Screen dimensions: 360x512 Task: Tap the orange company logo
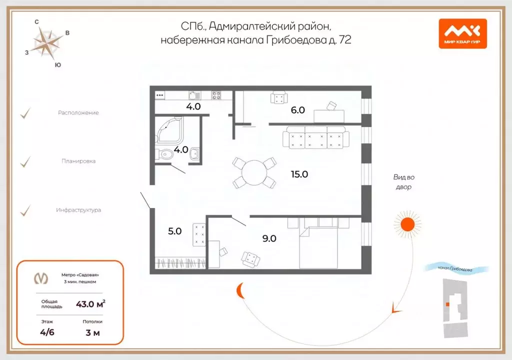(x=462, y=33)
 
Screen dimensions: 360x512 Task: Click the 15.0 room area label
(x=299, y=174)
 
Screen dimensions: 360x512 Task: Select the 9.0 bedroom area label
(x=269, y=238)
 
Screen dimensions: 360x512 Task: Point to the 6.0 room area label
(x=298, y=110)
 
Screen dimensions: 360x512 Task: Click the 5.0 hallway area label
(x=174, y=231)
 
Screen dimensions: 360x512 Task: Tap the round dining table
(x=255, y=173)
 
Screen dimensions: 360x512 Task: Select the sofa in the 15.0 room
(x=314, y=137)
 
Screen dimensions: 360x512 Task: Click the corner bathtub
(x=170, y=130)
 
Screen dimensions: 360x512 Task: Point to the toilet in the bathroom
(x=164, y=154)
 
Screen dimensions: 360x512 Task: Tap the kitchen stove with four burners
(x=216, y=95)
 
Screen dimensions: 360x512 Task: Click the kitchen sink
(x=194, y=95)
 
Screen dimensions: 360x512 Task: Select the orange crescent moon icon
(x=241, y=289)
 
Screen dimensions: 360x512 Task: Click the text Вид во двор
(x=404, y=182)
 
